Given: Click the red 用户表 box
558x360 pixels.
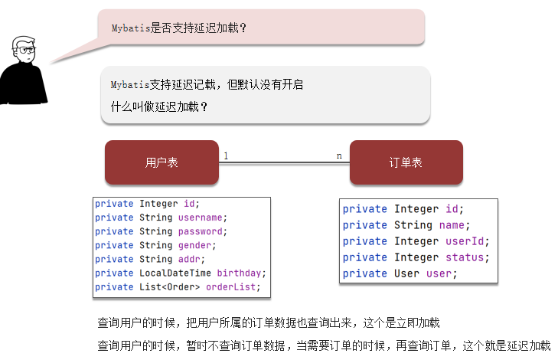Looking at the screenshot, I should coord(162,162).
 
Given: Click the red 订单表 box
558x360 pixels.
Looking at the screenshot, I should coord(406,162).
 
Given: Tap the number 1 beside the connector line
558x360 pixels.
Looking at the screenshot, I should coord(226,155).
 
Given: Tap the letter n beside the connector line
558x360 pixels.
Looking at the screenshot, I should coord(339,155).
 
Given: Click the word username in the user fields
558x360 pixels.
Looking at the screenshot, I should coord(202,218).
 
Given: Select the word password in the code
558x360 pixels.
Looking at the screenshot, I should coord(202,231).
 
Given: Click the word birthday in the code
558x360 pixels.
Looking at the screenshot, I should coord(240,273).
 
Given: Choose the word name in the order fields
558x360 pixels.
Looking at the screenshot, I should coord(452,225).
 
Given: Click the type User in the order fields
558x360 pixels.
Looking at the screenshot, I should coord(406,273).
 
